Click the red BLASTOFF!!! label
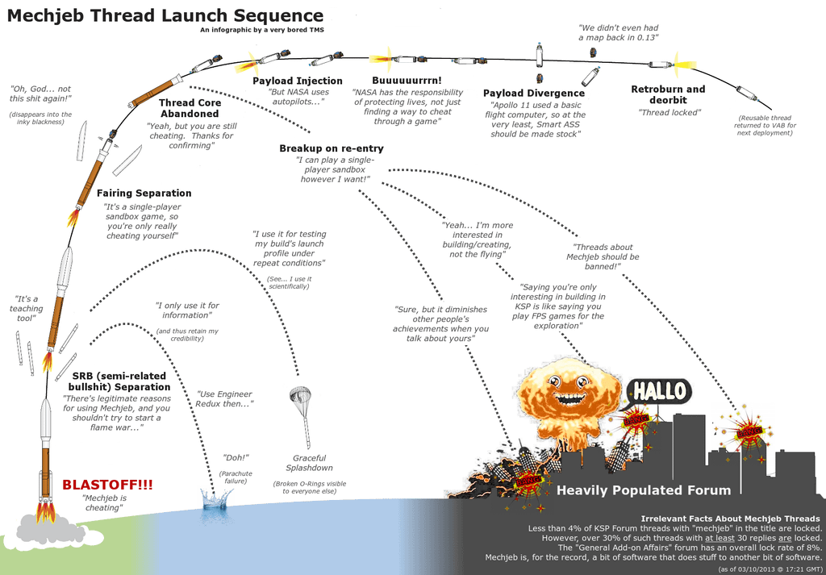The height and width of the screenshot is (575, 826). pyautogui.click(x=107, y=485)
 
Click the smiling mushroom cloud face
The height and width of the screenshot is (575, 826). pyautogui.click(x=569, y=390)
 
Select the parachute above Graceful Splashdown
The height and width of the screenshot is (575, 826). pyautogui.click(x=300, y=396)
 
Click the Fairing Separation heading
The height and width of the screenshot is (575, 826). pyautogui.click(x=144, y=194)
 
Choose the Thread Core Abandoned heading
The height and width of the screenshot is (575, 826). pyautogui.click(x=190, y=108)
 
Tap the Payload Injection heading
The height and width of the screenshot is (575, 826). pyautogui.click(x=298, y=81)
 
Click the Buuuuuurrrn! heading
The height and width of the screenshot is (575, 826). pyautogui.click(x=407, y=81)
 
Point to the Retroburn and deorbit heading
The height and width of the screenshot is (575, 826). pyautogui.click(x=668, y=94)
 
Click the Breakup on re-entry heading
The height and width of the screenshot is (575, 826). pyautogui.click(x=332, y=148)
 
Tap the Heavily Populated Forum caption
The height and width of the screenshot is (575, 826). pyautogui.click(x=644, y=490)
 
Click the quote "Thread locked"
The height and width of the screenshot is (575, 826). pyautogui.click(x=670, y=113)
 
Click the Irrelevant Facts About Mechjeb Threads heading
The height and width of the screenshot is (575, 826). pyautogui.click(x=730, y=518)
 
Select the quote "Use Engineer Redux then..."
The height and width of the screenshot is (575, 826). pyautogui.click(x=225, y=398)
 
